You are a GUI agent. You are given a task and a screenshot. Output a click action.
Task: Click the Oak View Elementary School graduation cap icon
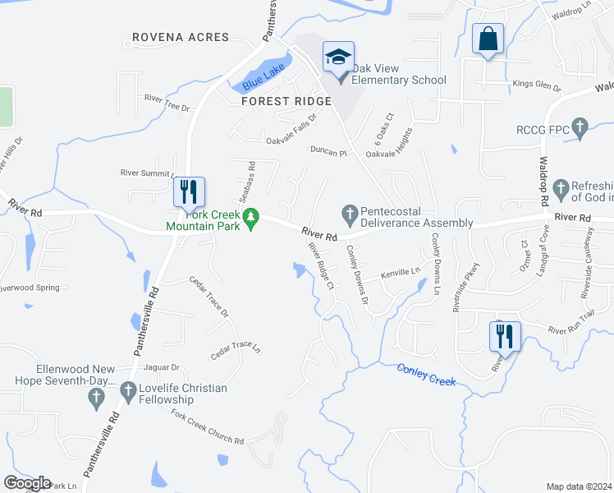point(338,58)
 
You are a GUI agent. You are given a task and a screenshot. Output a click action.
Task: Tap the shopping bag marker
point(488,39)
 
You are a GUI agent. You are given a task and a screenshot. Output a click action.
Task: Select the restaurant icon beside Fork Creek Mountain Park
point(189,191)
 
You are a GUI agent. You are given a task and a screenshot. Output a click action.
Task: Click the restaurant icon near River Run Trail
point(504,335)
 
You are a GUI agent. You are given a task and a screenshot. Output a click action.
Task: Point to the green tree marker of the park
point(254,217)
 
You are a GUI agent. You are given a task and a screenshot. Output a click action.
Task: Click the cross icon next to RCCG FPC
point(580,127)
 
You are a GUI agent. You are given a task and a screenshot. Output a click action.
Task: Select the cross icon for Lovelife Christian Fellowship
point(127,391)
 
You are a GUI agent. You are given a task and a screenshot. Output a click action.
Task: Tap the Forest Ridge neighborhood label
point(286,101)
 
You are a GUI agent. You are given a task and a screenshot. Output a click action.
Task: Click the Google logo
point(27,483)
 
